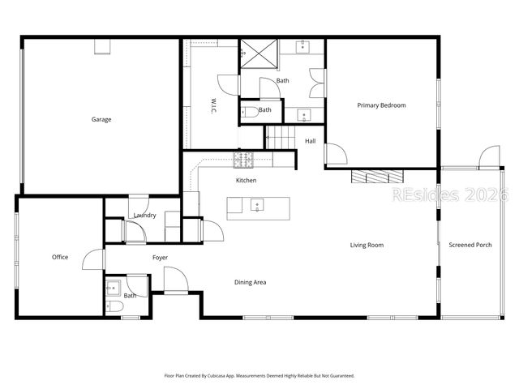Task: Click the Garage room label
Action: coord(101,120)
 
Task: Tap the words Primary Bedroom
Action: coord(381,105)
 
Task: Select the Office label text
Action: coord(60,258)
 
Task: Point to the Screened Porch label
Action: coord(471,245)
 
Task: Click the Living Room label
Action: coord(367,245)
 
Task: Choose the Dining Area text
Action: coord(250,283)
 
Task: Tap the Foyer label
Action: coord(161,258)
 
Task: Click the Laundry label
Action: coord(145,215)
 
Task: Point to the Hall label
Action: coord(310,142)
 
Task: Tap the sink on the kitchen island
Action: coord(256,204)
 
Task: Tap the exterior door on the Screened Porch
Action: coord(489,157)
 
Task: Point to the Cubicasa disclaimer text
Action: coord(259,375)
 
